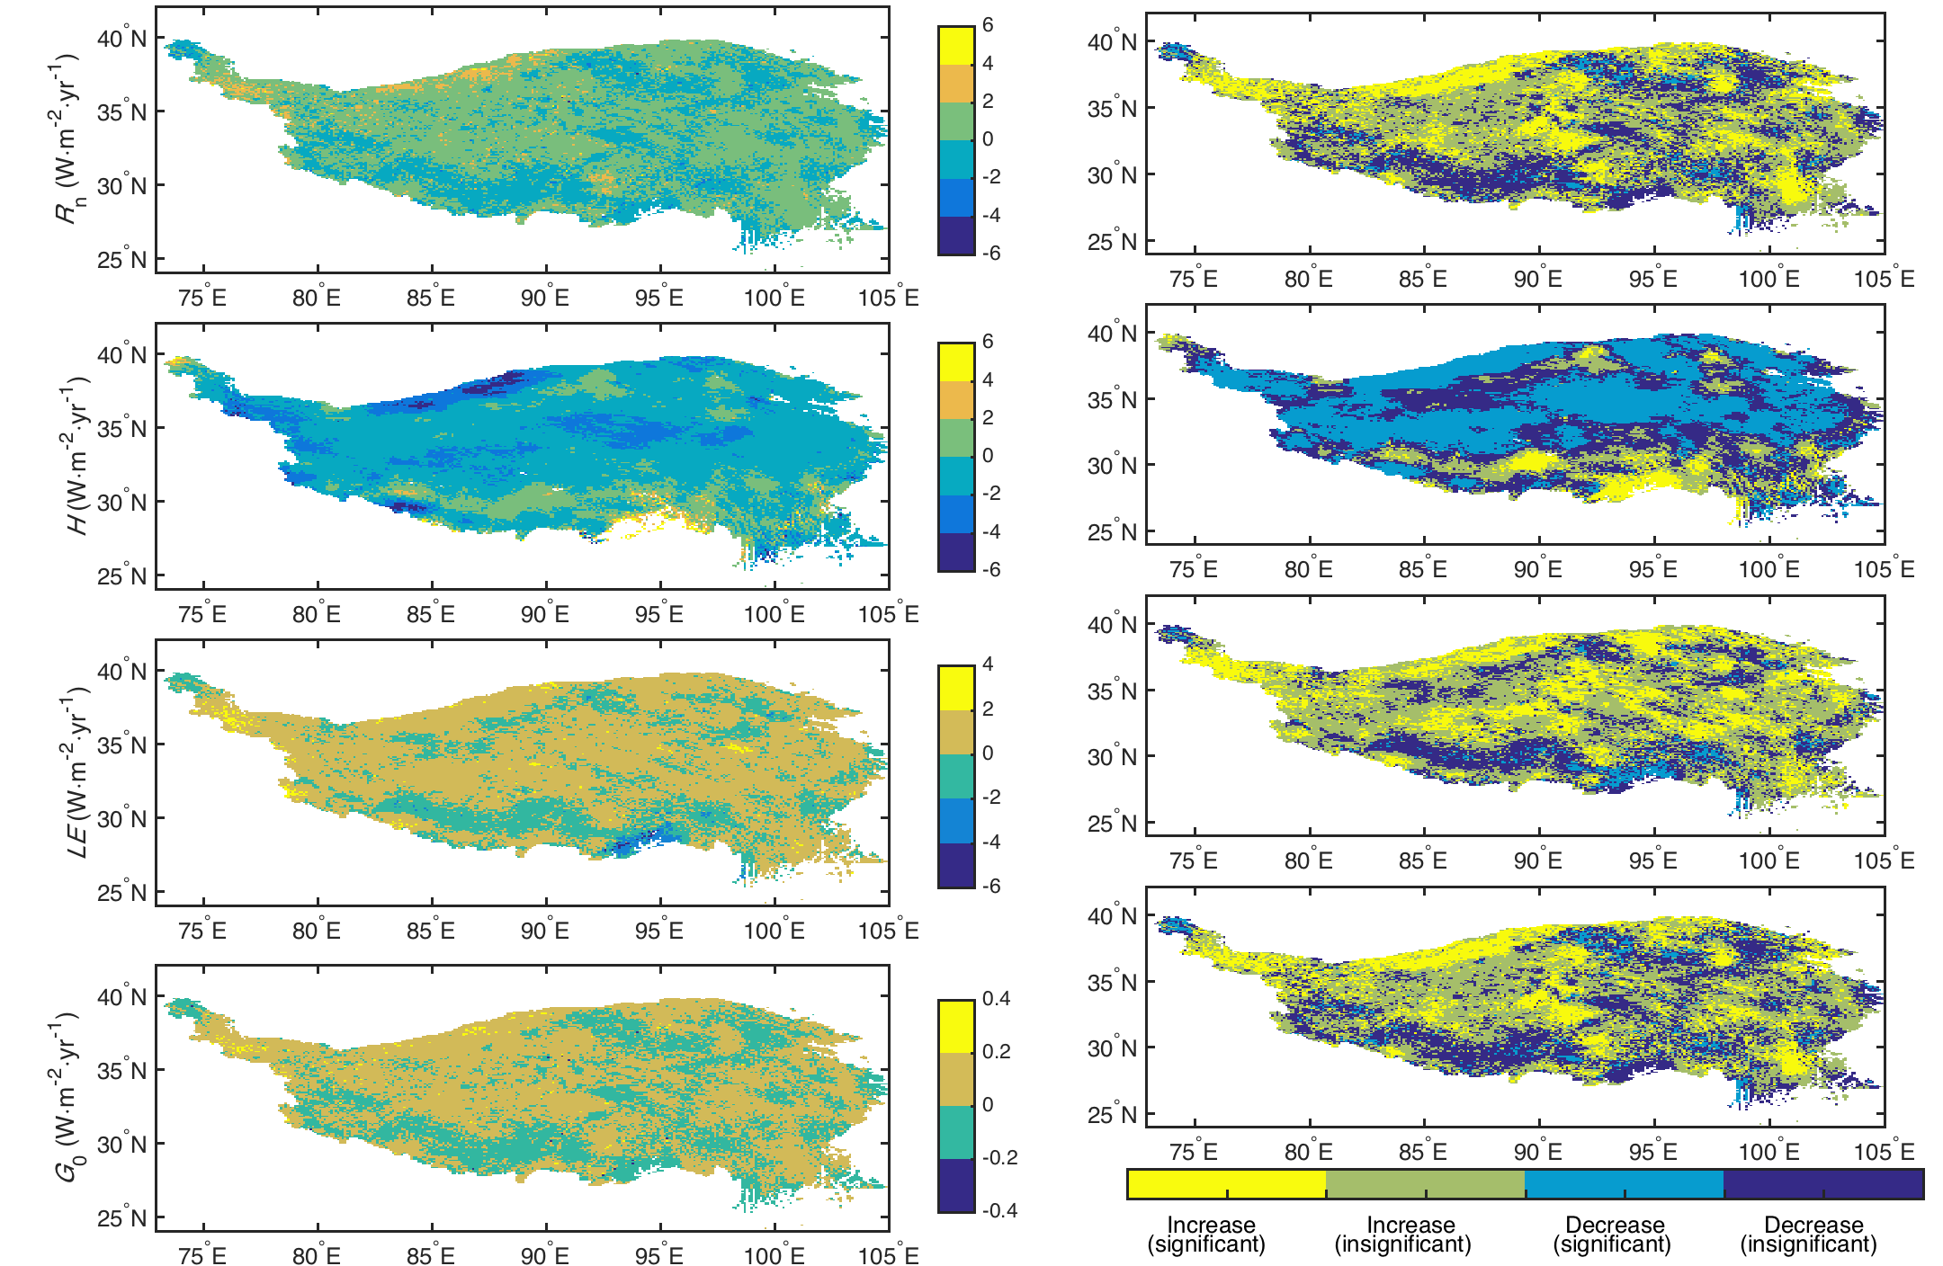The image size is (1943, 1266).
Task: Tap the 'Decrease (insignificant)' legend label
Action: point(1809,1235)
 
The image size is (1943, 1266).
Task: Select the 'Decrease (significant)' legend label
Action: point(1612,1235)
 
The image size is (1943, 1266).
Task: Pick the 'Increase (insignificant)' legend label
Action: point(1404,1235)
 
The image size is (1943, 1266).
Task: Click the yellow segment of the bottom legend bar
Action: point(1226,1183)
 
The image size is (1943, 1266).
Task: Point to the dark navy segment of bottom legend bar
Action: point(1823,1183)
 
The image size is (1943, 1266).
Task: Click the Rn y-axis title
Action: point(67,139)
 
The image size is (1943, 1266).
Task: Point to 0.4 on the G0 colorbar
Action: point(996,999)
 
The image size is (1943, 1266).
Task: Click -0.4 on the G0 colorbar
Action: point(999,1210)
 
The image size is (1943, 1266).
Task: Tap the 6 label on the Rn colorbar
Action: point(988,25)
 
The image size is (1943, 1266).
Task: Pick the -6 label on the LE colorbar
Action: point(991,886)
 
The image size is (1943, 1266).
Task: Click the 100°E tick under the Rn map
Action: point(774,298)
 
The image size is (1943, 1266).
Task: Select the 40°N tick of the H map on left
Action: point(121,355)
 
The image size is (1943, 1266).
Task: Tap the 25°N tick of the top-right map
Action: point(1112,242)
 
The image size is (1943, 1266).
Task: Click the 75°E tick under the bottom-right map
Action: point(1194,1152)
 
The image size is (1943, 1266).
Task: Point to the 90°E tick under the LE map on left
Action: point(545,931)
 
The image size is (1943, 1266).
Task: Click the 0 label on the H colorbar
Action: point(988,455)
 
